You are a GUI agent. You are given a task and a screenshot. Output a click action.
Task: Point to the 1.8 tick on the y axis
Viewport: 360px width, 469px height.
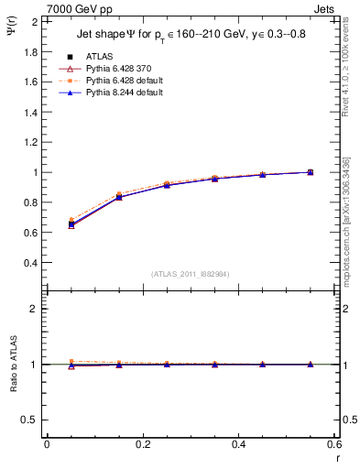[32, 51]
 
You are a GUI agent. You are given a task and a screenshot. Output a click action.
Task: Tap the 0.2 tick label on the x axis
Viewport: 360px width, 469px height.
[142, 444]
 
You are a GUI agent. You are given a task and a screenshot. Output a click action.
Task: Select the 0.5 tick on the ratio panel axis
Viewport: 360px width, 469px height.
[32, 420]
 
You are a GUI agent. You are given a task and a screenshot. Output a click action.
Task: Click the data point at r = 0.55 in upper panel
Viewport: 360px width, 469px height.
[310, 172]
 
